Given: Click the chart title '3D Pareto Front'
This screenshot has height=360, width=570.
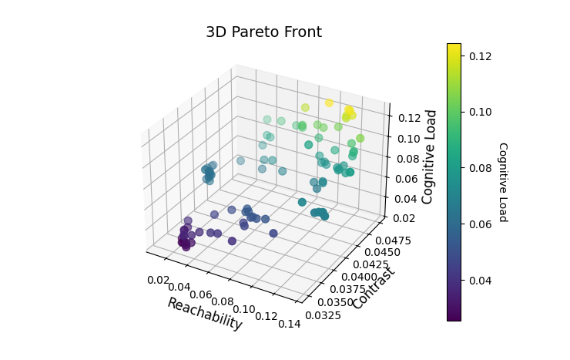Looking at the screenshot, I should tap(263, 32).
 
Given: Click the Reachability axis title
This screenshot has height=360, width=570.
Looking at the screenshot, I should tap(204, 314).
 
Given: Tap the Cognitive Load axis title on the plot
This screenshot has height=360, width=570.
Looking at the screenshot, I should tap(429, 156).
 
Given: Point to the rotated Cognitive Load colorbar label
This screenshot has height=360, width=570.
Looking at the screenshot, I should tap(502, 182).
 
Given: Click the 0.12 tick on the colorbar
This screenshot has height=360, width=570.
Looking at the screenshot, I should tap(480, 56).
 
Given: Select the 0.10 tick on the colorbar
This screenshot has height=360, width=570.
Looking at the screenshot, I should tap(480, 112).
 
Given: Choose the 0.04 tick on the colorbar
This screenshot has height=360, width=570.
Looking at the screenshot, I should tap(480, 280).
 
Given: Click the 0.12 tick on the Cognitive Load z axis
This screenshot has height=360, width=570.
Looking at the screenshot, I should tap(406, 118).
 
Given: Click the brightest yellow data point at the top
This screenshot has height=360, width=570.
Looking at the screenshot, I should tap(329, 103).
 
